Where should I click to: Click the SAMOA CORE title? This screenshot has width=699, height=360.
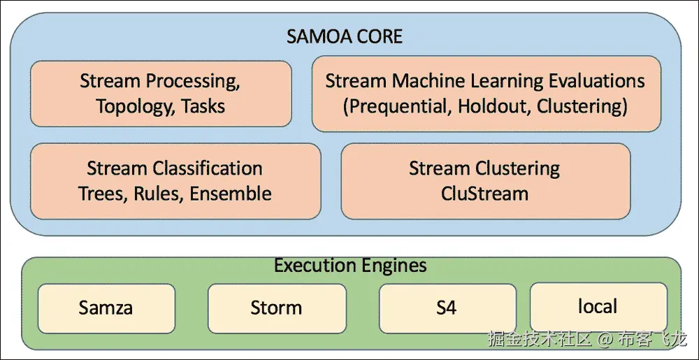tap(345, 36)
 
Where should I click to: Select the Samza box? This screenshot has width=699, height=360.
tap(106, 308)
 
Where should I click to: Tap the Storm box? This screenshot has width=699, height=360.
tap(276, 308)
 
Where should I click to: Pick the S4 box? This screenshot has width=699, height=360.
tap(446, 308)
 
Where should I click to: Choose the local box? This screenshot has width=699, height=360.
tap(598, 306)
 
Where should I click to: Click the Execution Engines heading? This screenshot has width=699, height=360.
tap(350, 266)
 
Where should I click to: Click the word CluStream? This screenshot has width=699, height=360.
tap(484, 193)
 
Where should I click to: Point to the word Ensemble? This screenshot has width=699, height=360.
tap(230, 193)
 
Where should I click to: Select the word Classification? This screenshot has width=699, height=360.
tap(208, 168)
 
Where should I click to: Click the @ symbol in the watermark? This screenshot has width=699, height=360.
tap(604, 340)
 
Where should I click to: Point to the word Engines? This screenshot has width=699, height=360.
tap(395, 266)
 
